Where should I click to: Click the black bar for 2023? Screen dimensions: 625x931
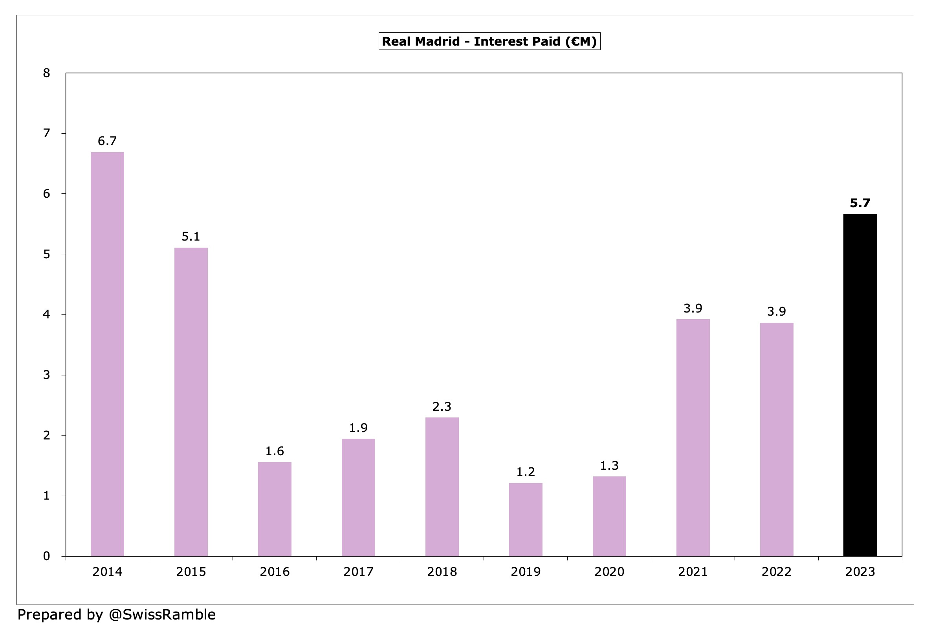(860, 385)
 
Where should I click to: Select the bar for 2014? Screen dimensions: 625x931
(107, 354)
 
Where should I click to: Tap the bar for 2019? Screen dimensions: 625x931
(526, 519)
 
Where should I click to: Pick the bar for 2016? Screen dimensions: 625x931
(275, 509)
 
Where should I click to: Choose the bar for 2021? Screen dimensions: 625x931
(693, 437)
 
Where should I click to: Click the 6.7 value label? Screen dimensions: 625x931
(107, 141)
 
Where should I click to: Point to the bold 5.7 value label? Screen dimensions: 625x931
(860, 203)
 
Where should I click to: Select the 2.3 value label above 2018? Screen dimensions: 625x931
(442, 406)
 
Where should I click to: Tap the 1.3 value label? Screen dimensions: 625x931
(609, 465)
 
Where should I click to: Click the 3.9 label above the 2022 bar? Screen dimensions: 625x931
(777, 311)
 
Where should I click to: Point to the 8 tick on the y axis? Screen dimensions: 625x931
(47, 73)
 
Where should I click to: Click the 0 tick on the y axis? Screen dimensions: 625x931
(47, 556)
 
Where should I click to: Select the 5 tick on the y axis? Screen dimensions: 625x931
(47, 254)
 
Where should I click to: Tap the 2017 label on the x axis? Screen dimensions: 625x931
(358, 572)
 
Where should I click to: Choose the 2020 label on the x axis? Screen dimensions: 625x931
(609, 572)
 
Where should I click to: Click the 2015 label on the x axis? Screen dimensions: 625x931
(191, 572)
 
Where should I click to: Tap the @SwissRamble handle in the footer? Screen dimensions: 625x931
(162, 615)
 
